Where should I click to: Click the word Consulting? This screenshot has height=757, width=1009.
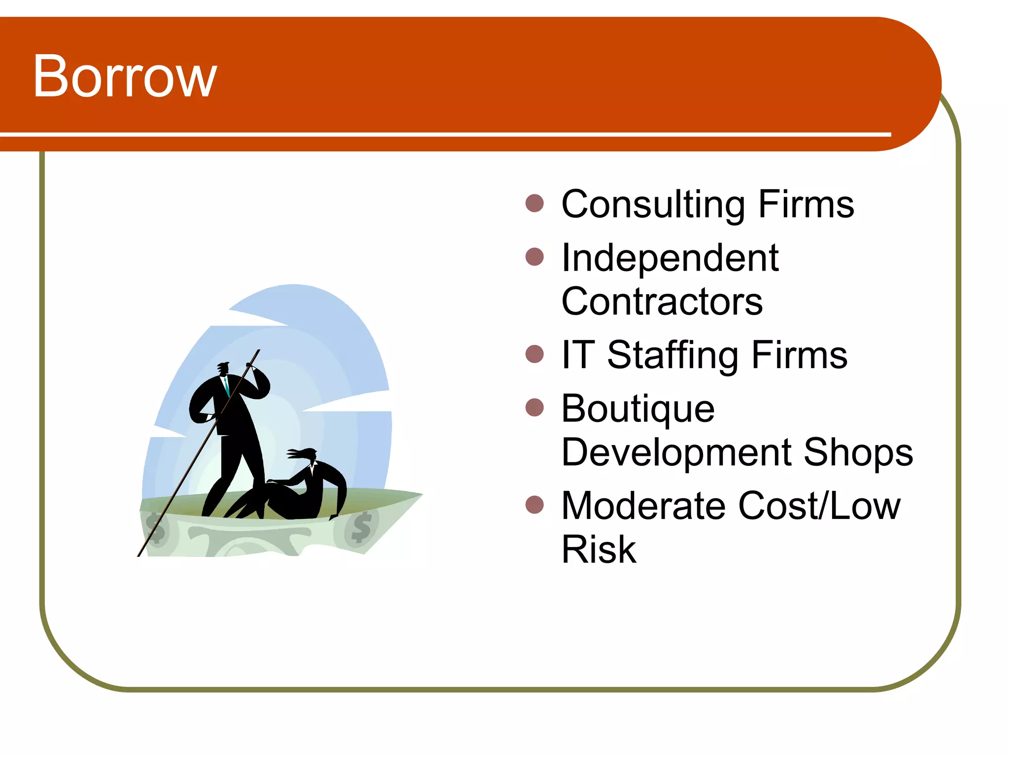tap(653, 205)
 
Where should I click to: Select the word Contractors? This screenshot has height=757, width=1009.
tap(662, 301)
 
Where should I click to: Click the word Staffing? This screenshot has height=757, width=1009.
tap(673, 355)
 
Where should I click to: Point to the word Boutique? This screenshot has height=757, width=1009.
tap(638, 409)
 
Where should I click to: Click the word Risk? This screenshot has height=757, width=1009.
tap(598, 549)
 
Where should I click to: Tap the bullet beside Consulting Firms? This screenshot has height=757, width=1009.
tap(535, 203)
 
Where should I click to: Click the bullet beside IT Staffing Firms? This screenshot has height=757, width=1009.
tap(535, 354)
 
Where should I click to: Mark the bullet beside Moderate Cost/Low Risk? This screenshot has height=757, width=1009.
tap(535, 505)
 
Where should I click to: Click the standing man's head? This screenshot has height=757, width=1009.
tap(224, 369)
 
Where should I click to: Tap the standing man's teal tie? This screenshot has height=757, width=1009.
tap(227, 387)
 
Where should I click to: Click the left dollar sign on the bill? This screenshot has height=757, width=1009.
tap(156, 528)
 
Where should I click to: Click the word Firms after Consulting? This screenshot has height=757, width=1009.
tap(806, 205)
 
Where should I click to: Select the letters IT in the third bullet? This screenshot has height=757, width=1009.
tap(578, 355)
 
